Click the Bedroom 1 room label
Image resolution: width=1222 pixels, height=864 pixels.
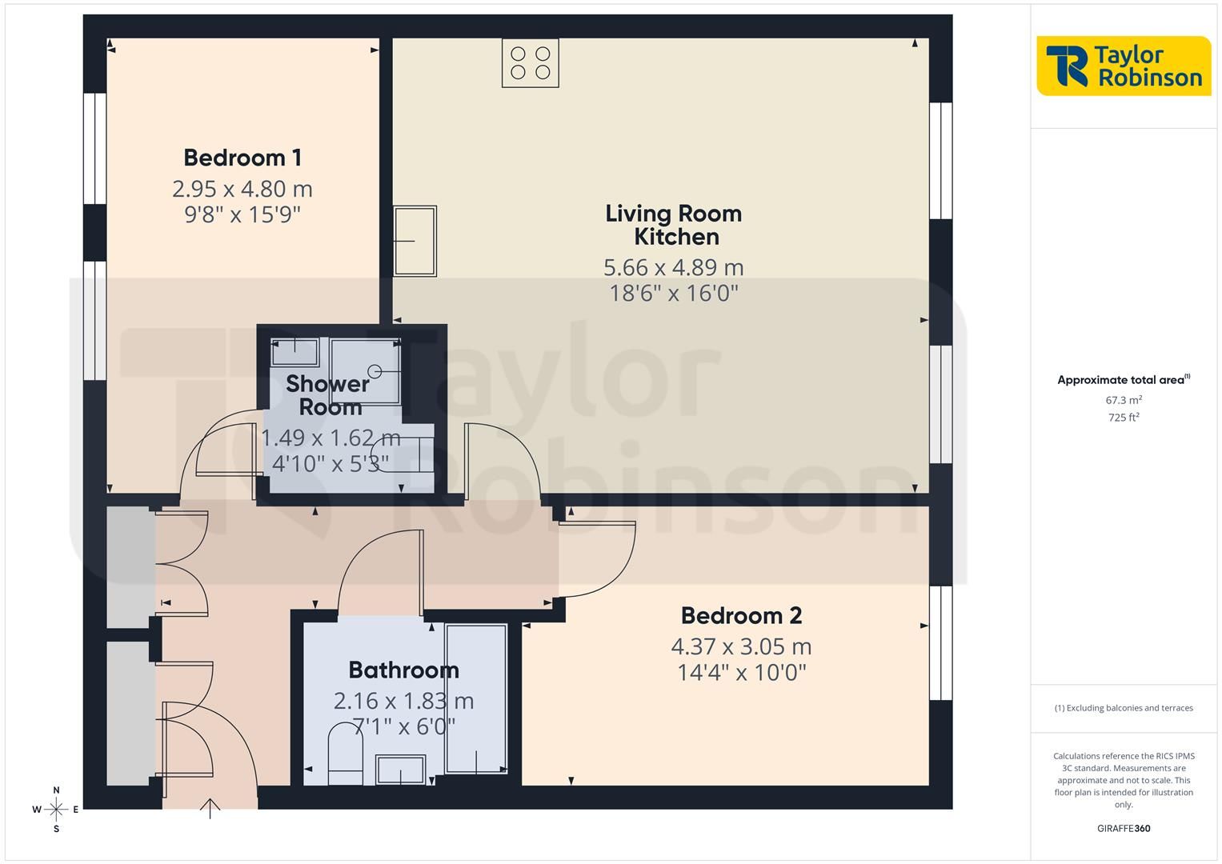[x=242, y=158]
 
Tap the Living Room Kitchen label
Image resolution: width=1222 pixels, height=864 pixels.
[x=674, y=225]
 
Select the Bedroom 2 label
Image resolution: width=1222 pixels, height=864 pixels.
[x=741, y=615]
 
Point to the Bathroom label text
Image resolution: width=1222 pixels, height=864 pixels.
[x=403, y=670]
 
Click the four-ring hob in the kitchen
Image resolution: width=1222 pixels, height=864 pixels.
[x=531, y=62]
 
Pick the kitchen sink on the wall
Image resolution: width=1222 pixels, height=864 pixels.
[x=415, y=241]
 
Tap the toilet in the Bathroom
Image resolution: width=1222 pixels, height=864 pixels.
[x=346, y=754]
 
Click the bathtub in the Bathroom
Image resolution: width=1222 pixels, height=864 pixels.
[x=476, y=698]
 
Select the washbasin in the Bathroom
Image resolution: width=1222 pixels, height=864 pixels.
[x=400, y=769]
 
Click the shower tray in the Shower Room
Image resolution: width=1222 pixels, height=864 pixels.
[x=365, y=371]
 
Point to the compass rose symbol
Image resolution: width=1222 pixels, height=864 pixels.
[x=56, y=810]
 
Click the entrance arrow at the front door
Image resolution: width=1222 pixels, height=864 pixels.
[x=210, y=809]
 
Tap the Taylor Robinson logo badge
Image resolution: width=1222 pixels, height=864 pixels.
[x=1124, y=66]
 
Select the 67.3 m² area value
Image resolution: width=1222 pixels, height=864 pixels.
[x=1124, y=400]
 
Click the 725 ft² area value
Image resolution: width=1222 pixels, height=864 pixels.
[x=1124, y=418]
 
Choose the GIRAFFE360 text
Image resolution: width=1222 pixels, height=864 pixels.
[x=1124, y=828]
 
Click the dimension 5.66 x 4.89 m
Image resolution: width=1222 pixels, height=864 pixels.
[x=674, y=267]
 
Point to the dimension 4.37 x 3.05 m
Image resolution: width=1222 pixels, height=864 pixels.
[x=741, y=646]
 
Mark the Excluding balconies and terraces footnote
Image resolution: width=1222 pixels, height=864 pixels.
[x=1124, y=708]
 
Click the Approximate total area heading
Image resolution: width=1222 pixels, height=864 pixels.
[x=1124, y=380]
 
